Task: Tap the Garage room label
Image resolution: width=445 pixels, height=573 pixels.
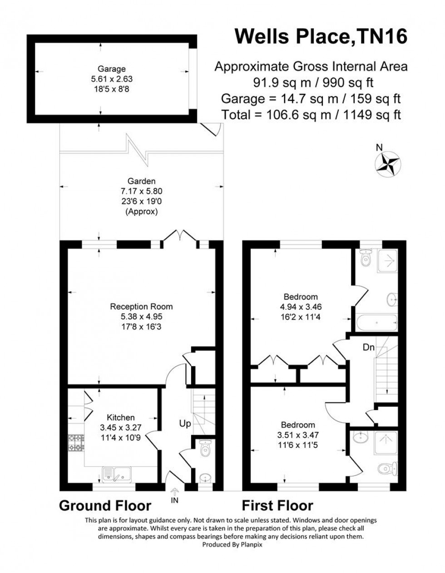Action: coord(111,69)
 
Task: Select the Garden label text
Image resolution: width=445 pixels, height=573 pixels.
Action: coord(141,181)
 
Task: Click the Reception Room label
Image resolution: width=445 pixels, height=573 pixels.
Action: coord(141,307)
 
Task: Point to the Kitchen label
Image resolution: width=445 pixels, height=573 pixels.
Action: coord(120,417)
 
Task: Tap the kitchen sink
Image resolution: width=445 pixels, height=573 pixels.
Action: coord(117,474)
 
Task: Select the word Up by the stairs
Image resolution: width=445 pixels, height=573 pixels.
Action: coord(185,424)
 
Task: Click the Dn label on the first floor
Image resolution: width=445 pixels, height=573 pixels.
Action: coord(368,348)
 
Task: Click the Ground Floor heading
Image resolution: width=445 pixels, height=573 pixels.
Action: coord(105,505)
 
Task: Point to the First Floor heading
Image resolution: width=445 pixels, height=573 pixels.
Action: coord(277,505)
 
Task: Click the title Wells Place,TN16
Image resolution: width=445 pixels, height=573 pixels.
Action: coord(321,37)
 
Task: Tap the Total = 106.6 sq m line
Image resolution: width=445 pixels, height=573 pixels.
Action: coord(311,114)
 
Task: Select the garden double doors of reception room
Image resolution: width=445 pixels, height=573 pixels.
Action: coord(180,236)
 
